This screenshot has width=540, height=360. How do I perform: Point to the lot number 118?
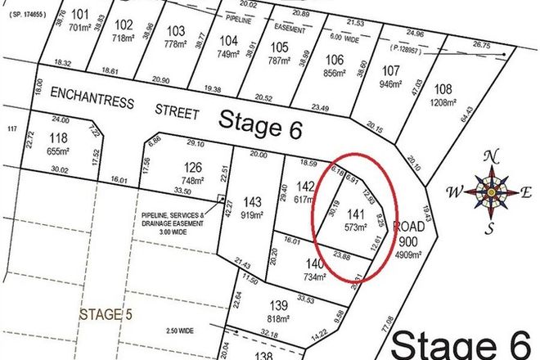tap(58, 137)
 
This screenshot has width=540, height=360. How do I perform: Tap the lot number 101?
tap(79, 15)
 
